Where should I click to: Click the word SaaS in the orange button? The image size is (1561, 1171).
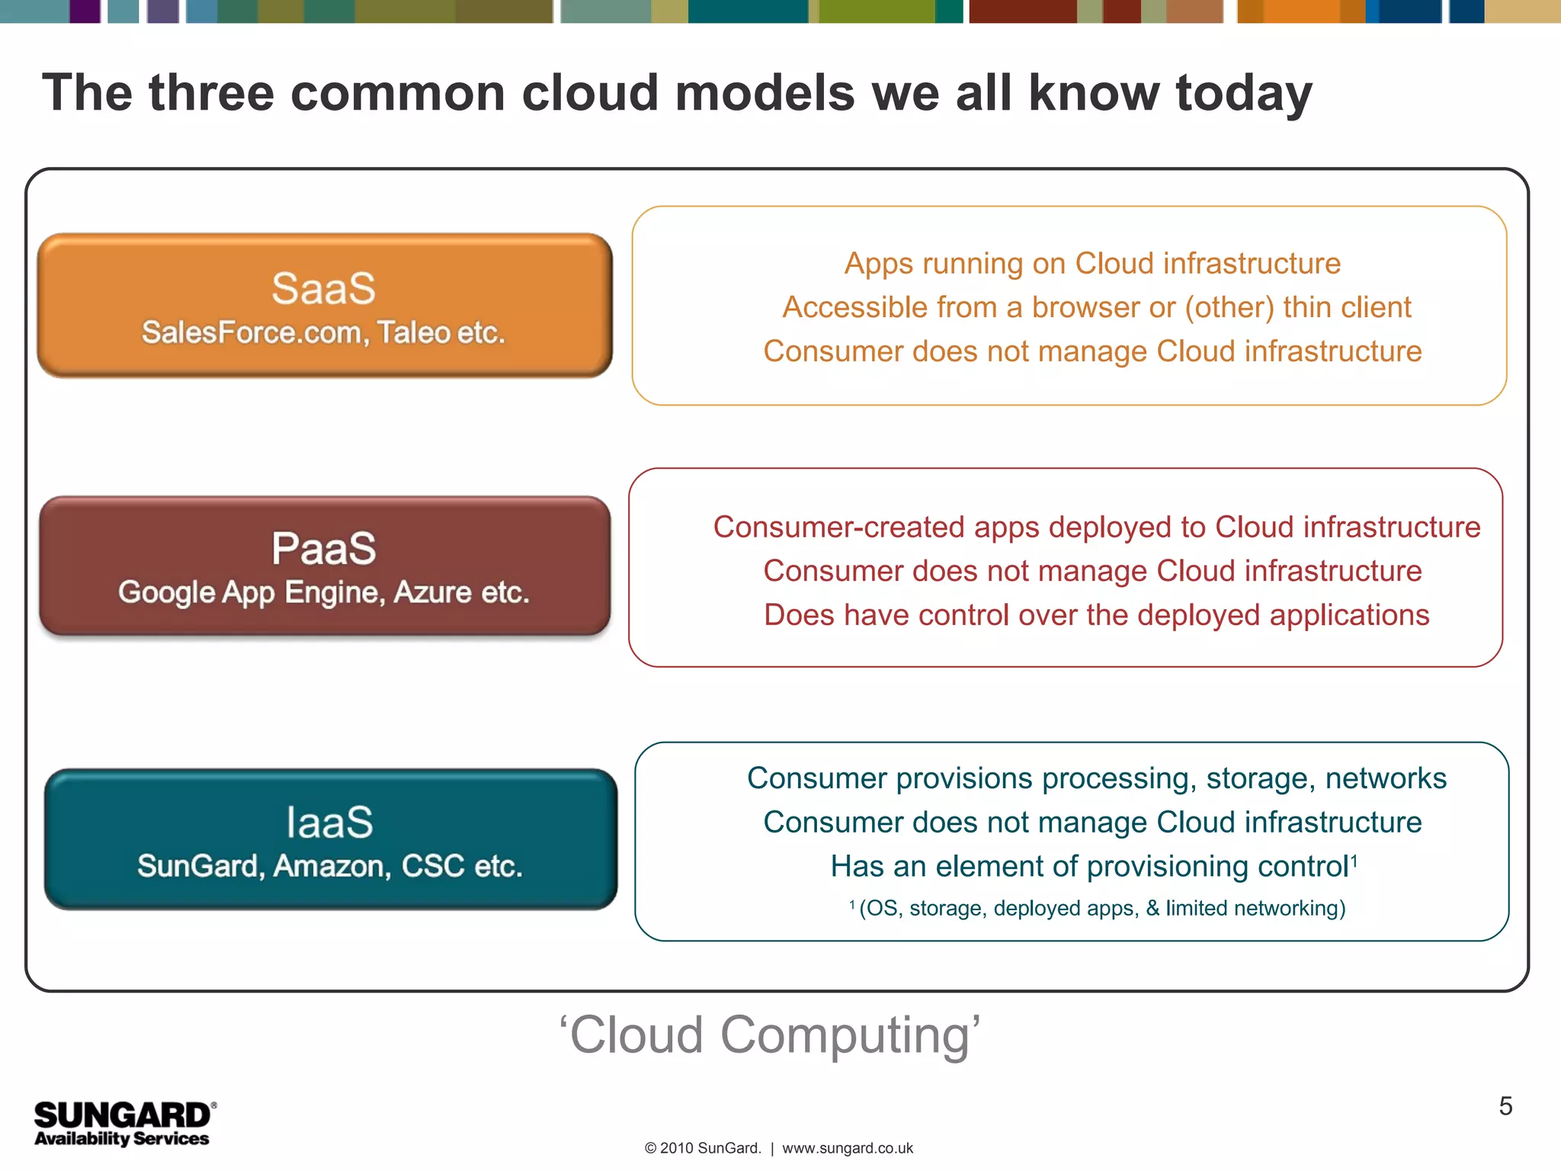tap(323, 289)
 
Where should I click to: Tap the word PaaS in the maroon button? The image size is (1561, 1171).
tap(323, 549)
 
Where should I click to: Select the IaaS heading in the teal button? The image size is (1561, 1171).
tap(329, 823)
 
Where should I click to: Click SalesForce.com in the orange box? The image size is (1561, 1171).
tap(251, 333)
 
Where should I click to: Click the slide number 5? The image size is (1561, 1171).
tap(1505, 1106)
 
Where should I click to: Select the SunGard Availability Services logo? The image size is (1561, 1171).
tap(123, 1123)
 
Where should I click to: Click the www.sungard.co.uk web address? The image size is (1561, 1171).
tap(847, 1148)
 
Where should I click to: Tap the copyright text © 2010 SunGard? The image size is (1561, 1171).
tap(702, 1148)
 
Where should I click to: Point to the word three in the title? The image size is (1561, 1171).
tap(211, 93)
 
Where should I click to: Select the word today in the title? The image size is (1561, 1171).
tap(1244, 93)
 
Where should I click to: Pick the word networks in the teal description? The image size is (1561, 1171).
tap(1385, 778)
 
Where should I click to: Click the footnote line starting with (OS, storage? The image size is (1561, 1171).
tap(1101, 908)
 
